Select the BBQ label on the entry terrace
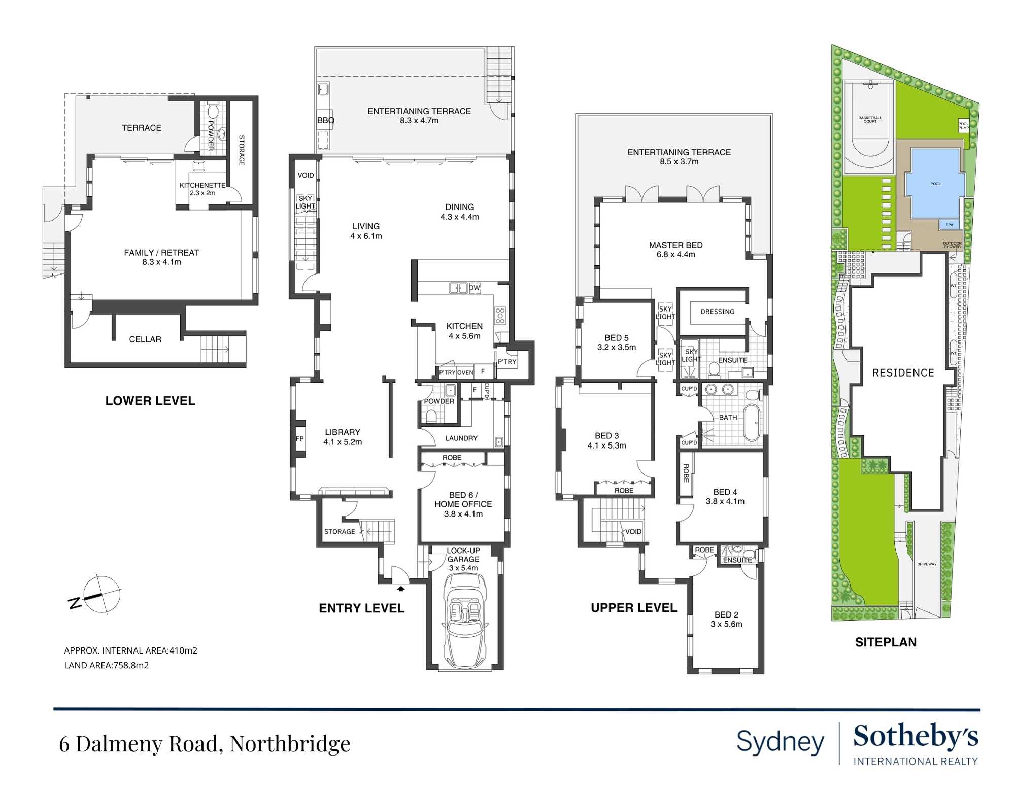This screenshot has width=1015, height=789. point(326,121)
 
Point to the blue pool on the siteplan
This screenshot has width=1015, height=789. point(935,183)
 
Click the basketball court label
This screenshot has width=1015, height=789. point(870,120)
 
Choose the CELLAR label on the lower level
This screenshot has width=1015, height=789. point(145,339)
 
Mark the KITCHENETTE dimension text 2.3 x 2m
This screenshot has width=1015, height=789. point(202,193)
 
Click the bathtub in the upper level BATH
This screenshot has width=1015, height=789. point(752,422)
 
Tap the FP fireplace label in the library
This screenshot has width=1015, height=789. point(300,439)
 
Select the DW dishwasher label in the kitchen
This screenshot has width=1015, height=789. point(475,288)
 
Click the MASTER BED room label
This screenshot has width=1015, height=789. point(675,245)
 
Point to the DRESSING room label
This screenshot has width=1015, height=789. point(717,312)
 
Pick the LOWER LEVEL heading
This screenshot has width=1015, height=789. point(150,401)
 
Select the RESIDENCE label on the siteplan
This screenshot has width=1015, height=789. point(903,373)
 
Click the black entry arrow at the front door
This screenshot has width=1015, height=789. point(401,589)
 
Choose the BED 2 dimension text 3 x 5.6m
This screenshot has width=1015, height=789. point(726,624)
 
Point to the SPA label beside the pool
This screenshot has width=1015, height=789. point(949,225)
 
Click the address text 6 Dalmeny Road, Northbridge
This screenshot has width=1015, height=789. point(205,744)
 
